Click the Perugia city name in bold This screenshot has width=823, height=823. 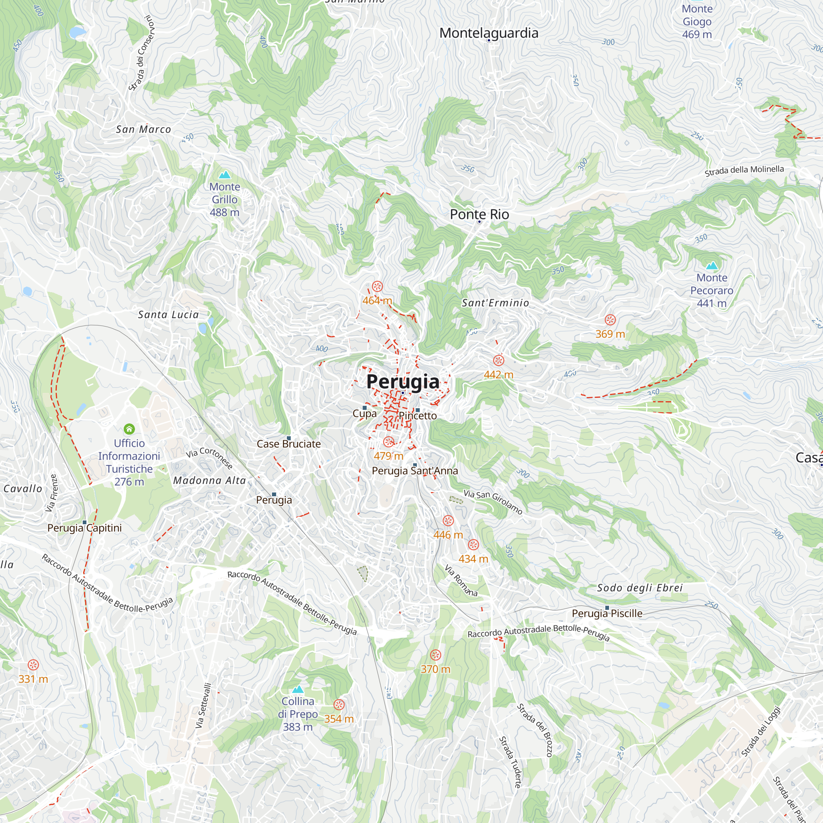402,382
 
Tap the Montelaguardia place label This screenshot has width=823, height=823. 488,33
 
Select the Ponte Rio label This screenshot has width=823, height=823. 479,214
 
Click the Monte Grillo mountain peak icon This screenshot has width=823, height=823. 225,174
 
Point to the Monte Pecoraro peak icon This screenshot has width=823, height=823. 711,266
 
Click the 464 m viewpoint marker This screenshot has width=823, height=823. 377,286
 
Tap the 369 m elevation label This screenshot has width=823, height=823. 610,334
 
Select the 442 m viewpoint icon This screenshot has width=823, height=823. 498,360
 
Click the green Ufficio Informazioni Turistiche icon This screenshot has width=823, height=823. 129,429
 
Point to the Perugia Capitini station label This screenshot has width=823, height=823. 84,528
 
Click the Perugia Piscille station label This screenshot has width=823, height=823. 607,614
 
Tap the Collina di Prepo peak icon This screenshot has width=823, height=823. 298,689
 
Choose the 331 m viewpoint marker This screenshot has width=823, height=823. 33,665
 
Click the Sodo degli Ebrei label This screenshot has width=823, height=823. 639,588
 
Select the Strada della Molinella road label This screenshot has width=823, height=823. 744,170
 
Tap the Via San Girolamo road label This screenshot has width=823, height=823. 493,501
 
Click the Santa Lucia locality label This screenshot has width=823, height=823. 168,314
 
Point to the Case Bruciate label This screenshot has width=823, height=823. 288,444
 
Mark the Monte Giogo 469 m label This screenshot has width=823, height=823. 697,21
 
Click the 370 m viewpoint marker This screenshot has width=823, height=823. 435,655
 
